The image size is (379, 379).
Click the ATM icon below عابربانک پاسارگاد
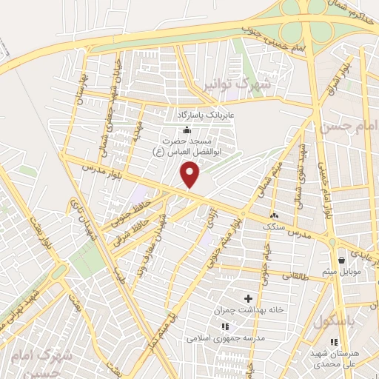[185, 130]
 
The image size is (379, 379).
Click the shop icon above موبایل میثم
[341, 260]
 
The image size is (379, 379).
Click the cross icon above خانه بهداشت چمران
[237, 298]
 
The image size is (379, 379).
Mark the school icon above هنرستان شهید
[334, 342]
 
